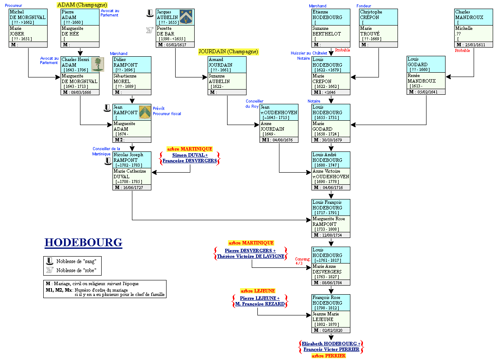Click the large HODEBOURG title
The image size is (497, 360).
[83, 242]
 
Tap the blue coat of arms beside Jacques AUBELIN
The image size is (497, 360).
[187, 17]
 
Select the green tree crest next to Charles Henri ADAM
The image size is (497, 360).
[98, 64]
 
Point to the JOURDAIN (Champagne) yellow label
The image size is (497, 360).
[228, 51]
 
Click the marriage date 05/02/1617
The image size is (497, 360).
[175, 45]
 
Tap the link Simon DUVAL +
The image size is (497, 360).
[190, 155]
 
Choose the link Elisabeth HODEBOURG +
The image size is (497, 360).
[331, 344]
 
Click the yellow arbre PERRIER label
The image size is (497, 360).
[329, 356]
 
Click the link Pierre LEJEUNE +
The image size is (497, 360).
[260, 298]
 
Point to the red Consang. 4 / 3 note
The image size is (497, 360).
[303, 261]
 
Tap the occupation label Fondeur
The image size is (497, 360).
[364, 6]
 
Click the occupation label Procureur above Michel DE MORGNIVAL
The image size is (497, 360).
[13, 6]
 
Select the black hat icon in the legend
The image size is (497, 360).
[49, 261]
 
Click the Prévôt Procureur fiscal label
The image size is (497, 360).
[167, 111]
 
